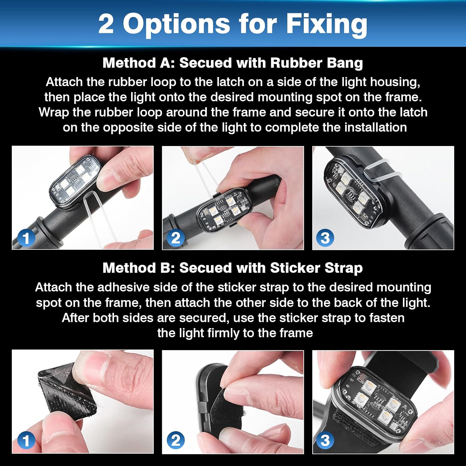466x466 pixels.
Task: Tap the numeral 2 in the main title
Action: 106,24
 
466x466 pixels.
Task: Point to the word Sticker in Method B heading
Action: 295,268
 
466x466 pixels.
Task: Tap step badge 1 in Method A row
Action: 26,238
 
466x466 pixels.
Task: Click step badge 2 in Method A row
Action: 176,238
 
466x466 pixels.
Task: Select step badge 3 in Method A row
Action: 325,238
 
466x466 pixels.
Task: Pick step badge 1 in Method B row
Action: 26,441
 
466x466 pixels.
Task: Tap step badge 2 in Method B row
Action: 176,441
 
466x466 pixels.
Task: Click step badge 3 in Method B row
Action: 325,441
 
